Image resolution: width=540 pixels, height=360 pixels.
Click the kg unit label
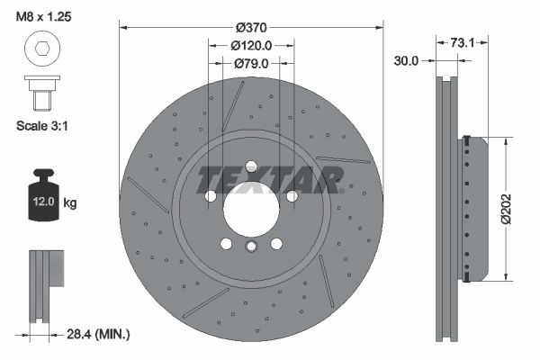pos(70,203)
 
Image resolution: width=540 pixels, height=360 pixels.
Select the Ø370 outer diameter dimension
pos(251,28)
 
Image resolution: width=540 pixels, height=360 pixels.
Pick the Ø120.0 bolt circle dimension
pos(251,46)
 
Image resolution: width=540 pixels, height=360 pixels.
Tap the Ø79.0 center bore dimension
pos(251,63)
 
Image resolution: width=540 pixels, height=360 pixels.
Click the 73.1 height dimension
pos(462,41)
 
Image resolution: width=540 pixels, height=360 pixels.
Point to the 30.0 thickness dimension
pos(407,60)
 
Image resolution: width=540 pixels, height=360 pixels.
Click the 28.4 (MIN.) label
pos(99,334)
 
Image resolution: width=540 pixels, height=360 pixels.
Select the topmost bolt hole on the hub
pos(251,166)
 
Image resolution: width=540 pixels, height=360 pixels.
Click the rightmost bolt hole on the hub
pos(292,195)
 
